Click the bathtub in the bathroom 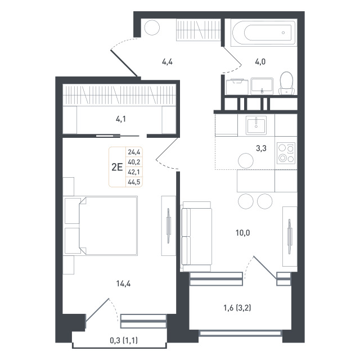tap(264, 33)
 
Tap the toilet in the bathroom tap(286, 83)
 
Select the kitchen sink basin tap(256, 125)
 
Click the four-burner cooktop tap(286, 153)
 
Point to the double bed tap(108, 225)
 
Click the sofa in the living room tap(196, 236)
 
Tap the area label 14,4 tap(124, 283)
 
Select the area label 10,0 tap(242, 233)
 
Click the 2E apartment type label tap(117, 167)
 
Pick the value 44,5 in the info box tap(134, 182)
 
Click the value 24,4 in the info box tap(134, 152)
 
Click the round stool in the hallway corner tap(152, 28)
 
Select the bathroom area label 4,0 tap(260, 62)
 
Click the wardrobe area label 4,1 tap(121, 119)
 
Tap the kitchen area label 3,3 tap(261, 148)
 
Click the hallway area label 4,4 tap(168, 62)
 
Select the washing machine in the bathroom tap(237, 87)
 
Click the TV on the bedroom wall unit tap(169, 226)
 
